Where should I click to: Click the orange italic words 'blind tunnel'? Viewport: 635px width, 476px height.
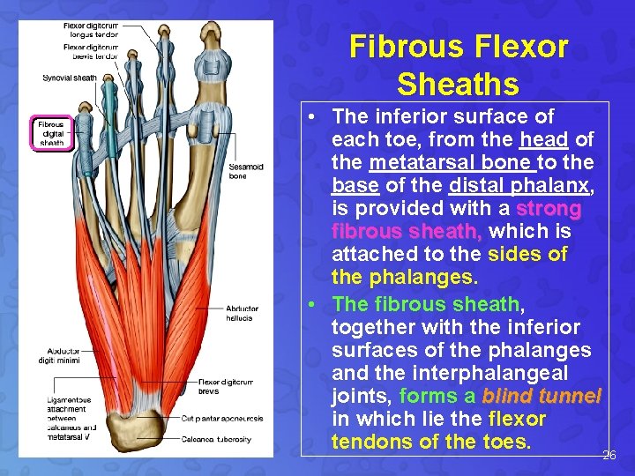coord(542,396)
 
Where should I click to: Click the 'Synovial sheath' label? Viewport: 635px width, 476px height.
coord(70,78)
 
